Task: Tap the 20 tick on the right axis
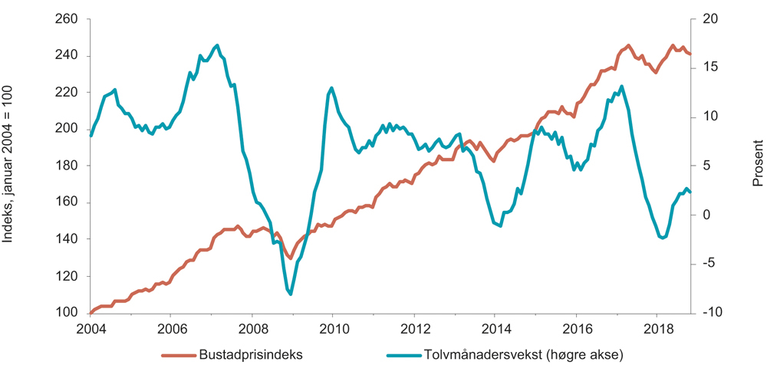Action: pos(709,18)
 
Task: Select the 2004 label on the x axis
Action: pos(90,327)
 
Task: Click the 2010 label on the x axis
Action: pos(332,327)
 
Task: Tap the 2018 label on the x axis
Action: pos(656,327)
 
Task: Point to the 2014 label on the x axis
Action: pos(494,327)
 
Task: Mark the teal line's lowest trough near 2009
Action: pos(291,294)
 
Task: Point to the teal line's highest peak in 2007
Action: pos(217,45)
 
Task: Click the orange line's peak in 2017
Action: pos(628,45)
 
